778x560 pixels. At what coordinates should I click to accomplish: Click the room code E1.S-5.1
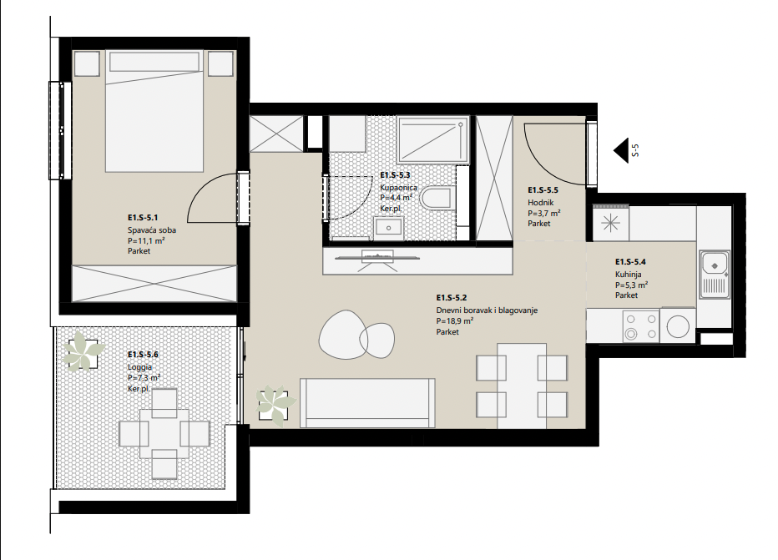point(143,217)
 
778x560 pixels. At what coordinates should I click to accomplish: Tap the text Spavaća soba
point(152,230)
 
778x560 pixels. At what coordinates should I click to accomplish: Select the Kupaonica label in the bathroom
point(398,188)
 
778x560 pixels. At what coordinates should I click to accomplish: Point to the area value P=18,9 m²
point(454,321)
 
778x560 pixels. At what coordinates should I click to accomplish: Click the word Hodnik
point(540,202)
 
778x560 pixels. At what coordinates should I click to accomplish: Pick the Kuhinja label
point(628,275)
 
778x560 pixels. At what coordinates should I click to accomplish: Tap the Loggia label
point(139,367)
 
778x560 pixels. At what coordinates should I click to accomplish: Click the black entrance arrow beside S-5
point(621,150)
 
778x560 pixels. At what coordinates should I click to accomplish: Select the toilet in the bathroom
point(437,198)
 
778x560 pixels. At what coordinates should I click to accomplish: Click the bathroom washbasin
point(388,228)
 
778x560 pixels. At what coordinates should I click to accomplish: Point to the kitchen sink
point(715,275)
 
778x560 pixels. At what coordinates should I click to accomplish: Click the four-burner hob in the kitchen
point(640,325)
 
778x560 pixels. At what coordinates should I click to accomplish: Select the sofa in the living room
point(367,403)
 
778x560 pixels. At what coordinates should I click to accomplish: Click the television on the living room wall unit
point(377,258)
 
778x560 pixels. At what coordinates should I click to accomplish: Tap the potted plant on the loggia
point(83,351)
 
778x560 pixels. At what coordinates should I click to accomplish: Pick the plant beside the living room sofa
point(275,404)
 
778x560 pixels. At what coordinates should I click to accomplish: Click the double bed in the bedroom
point(154,111)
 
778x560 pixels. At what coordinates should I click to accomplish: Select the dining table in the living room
point(522,386)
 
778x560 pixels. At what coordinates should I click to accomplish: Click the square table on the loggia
point(164,433)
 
